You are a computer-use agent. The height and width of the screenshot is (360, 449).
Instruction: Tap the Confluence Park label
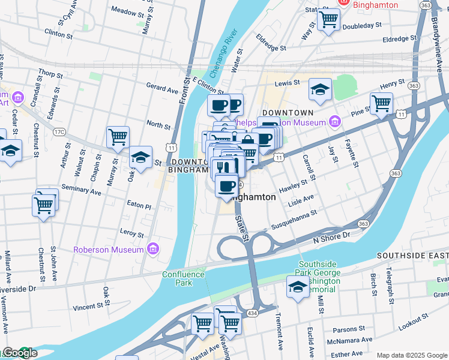click(183, 278)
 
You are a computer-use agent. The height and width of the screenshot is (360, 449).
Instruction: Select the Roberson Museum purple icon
click(153, 249)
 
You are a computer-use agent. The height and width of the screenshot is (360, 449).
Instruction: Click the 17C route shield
click(59, 131)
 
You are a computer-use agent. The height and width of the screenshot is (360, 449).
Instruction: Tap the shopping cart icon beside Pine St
click(381, 104)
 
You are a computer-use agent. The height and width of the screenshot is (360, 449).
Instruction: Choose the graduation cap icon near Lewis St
click(320, 90)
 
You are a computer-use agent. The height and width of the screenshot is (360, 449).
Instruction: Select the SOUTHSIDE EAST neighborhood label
click(412, 256)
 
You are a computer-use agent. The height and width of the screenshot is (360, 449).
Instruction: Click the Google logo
click(19, 353)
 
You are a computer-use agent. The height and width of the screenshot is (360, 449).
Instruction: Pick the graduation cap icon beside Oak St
click(140, 158)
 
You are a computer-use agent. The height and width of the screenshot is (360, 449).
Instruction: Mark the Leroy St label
click(132, 233)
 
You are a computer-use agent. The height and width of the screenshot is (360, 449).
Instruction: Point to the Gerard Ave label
click(163, 89)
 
